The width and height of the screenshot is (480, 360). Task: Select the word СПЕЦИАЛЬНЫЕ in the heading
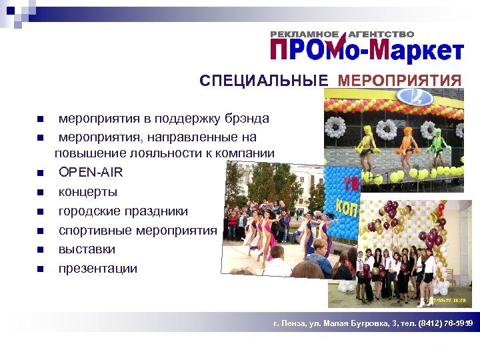coord(264,81)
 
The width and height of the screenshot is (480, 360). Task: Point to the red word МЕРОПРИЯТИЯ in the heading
coord(399,81)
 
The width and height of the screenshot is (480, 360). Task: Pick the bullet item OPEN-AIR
coord(91,172)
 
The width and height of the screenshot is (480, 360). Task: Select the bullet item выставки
coord(87,249)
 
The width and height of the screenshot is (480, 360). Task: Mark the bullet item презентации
coord(98,269)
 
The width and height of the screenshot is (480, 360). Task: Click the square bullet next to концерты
coord(40,193)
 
